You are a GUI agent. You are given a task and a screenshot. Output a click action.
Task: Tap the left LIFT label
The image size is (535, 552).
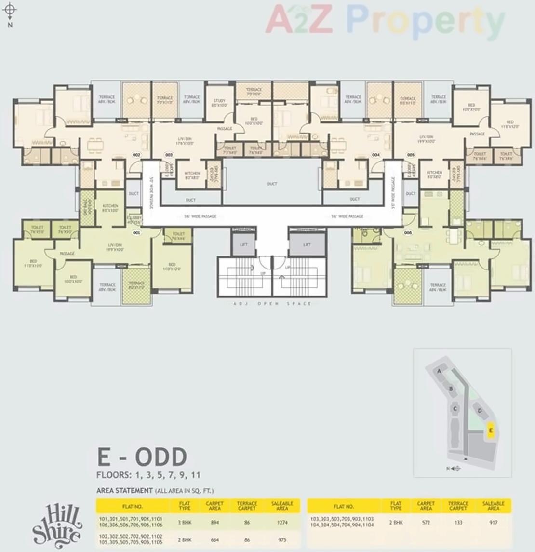[x=243, y=245]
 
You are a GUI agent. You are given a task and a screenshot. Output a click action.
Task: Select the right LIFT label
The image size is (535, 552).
[x=307, y=245]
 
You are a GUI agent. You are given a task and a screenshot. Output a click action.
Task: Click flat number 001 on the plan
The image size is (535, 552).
[x=136, y=232]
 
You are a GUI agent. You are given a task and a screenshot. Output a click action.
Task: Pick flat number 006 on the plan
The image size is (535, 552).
[x=408, y=233]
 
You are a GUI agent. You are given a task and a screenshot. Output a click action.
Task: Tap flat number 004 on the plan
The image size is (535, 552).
[x=375, y=155]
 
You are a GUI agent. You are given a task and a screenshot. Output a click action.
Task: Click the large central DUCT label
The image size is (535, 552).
[x=272, y=184]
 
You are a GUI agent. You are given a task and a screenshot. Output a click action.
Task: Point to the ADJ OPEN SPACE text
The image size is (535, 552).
[x=272, y=304]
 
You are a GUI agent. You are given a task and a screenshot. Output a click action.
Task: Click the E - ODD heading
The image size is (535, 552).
[x=142, y=456]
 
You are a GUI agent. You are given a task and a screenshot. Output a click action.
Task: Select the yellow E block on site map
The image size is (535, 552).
[x=491, y=430]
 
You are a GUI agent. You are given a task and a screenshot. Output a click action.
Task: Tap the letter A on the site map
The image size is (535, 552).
[x=439, y=371]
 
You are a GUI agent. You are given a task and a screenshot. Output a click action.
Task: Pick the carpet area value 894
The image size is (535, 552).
[x=214, y=522]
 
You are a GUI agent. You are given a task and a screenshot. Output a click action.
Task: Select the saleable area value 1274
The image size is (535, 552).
[x=282, y=522]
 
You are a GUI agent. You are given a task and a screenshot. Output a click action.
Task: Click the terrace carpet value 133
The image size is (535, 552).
[x=458, y=522]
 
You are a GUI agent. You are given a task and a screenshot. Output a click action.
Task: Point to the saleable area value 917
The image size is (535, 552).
[x=493, y=522]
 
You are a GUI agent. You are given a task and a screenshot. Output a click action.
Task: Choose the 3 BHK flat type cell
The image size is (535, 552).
[x=185, y=522]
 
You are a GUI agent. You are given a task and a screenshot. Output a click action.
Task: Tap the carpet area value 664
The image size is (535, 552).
[x=214, y=540]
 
